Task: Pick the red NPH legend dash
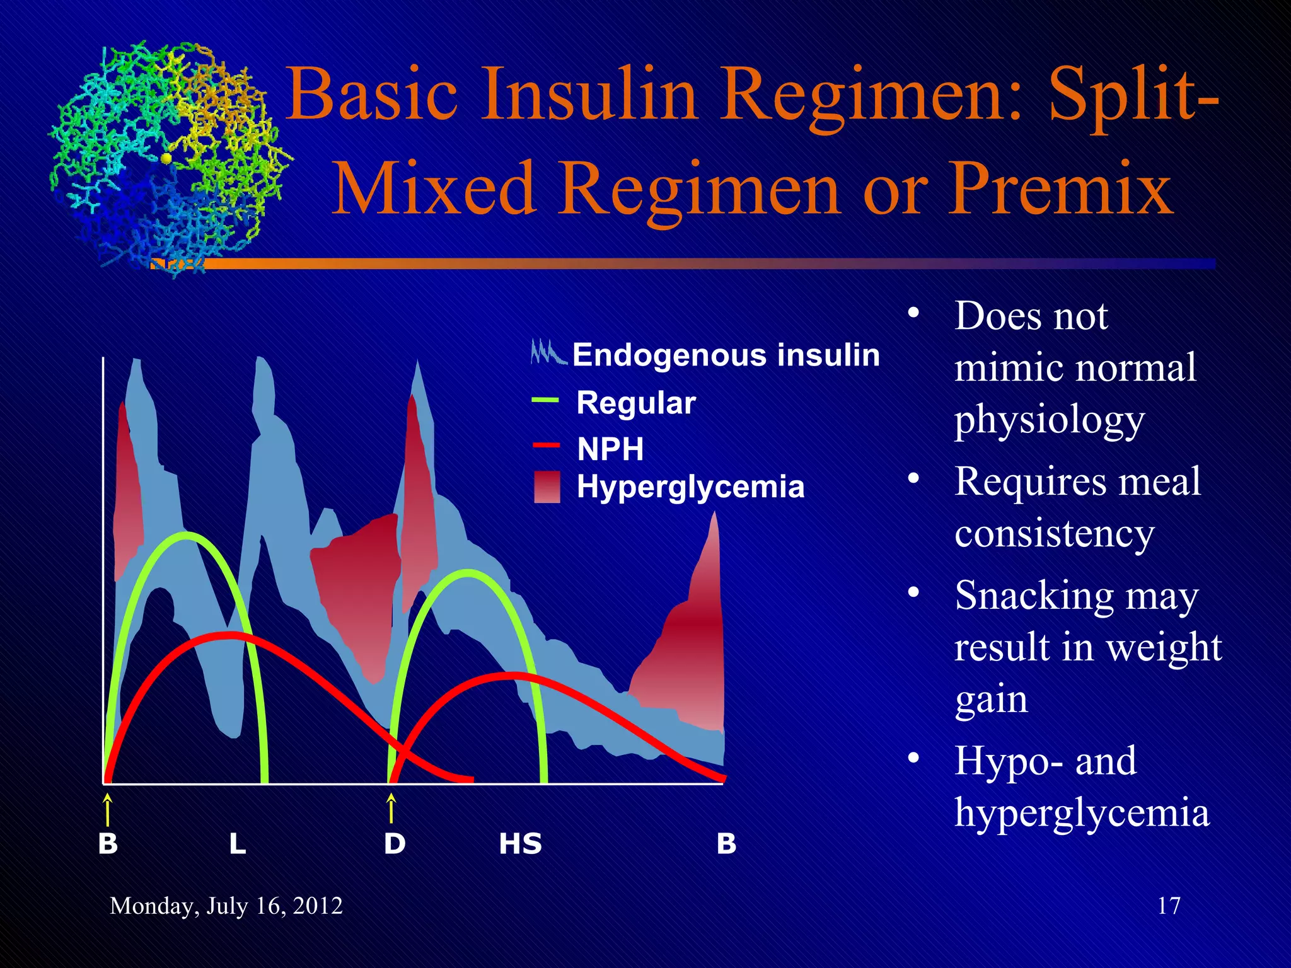(x=546, y=446)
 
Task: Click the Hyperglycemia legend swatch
(x=547, y=487)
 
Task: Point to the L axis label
(x=237, y=844)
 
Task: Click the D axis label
(x=395, y=844)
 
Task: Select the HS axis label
(x=520, y=844)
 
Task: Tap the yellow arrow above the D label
(x=391, y=809)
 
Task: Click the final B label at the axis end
(x=726, y=844)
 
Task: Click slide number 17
(x=1168, y=906)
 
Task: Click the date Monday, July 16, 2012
(x=226, y=906)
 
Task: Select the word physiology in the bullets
(x=1049, y=420)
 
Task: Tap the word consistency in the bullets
(x=1054, y=534)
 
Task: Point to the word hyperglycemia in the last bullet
(x=1082, y=814)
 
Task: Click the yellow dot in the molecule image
(x=166, y=158)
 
